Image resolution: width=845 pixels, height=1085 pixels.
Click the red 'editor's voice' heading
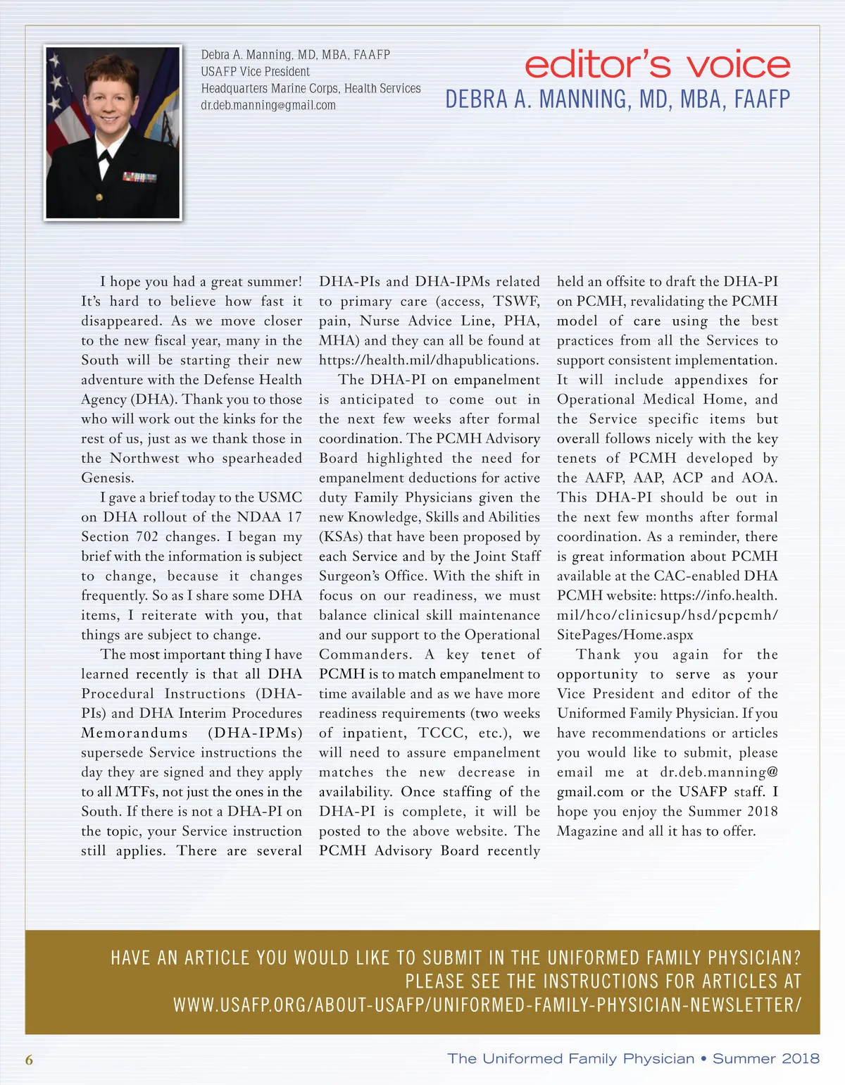657,65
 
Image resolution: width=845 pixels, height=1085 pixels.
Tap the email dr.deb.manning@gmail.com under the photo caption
268,106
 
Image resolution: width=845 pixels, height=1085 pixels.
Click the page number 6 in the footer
29,1060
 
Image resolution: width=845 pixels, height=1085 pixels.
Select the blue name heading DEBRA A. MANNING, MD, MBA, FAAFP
618,99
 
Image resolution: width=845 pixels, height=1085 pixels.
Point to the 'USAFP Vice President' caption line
255,72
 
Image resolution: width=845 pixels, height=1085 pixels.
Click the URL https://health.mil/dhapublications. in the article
428,360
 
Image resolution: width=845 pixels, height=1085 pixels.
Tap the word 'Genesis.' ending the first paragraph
108,478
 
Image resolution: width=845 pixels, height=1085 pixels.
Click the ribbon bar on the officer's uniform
139,177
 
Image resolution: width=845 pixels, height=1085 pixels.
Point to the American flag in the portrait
63,99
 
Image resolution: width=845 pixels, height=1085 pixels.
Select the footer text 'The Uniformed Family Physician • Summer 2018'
633,1058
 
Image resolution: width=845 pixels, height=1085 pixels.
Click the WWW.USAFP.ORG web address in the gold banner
487,1005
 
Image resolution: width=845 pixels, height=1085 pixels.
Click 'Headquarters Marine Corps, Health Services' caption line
311,89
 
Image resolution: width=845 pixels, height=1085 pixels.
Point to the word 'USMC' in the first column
280,497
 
